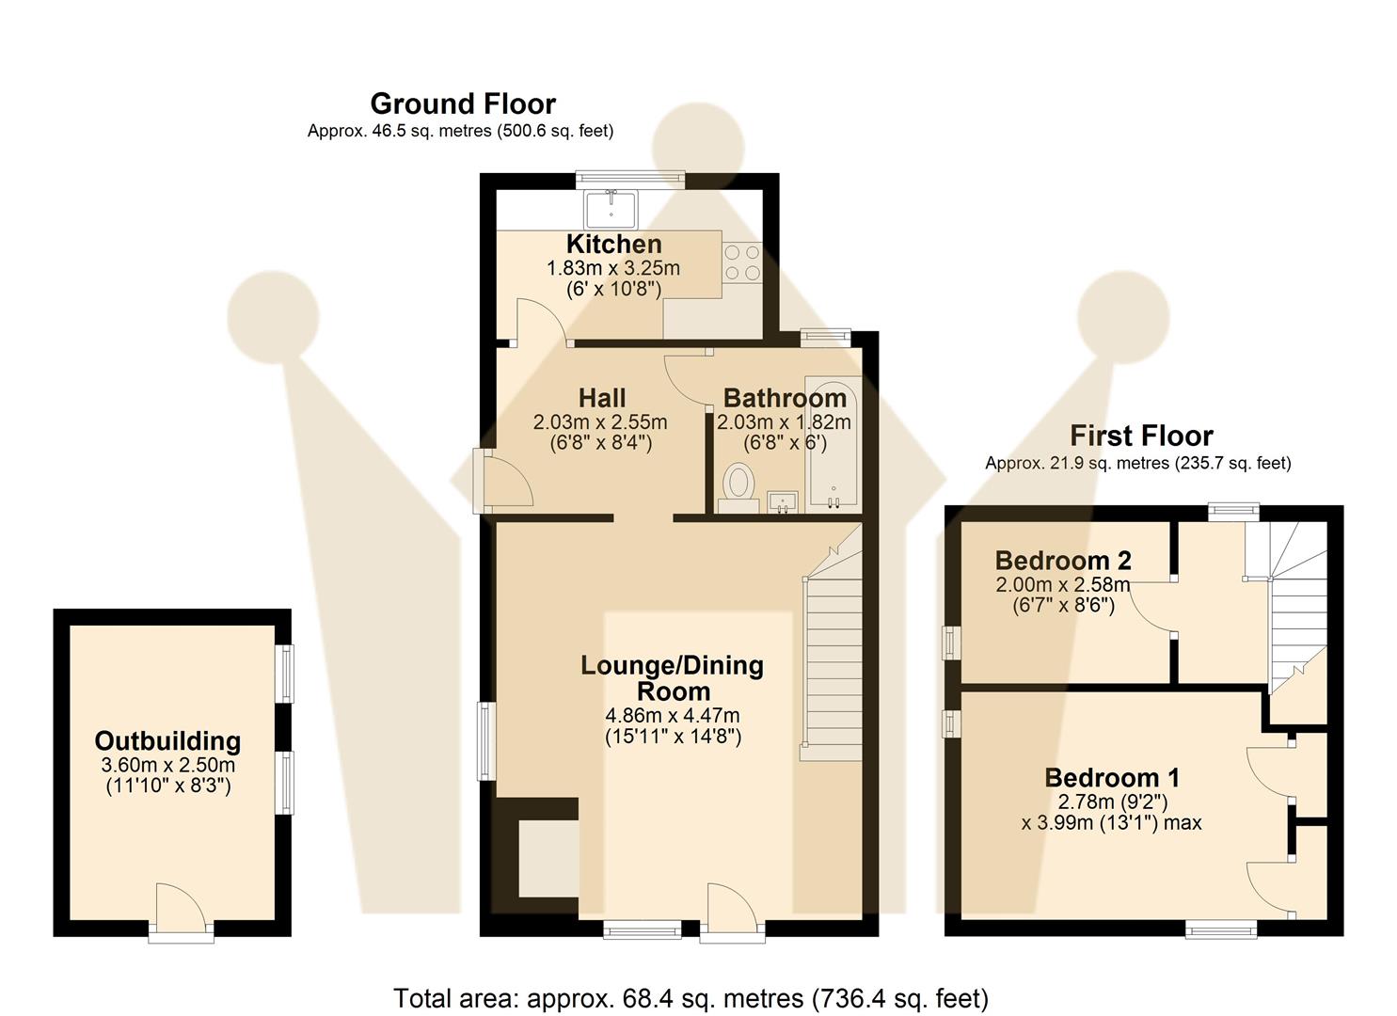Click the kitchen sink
[611, 208]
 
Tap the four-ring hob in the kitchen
[742, 262]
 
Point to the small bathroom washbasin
[783, 501]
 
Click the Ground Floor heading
[462, 103]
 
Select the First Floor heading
[1141, 436]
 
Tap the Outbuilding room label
[167, 741]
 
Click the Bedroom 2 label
[1063, 561]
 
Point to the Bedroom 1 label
[1112, 778]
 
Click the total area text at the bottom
[691, 997]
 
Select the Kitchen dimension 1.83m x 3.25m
[613, 268]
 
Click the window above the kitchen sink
[629, 178]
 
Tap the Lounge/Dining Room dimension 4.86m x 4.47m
[673, 715]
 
